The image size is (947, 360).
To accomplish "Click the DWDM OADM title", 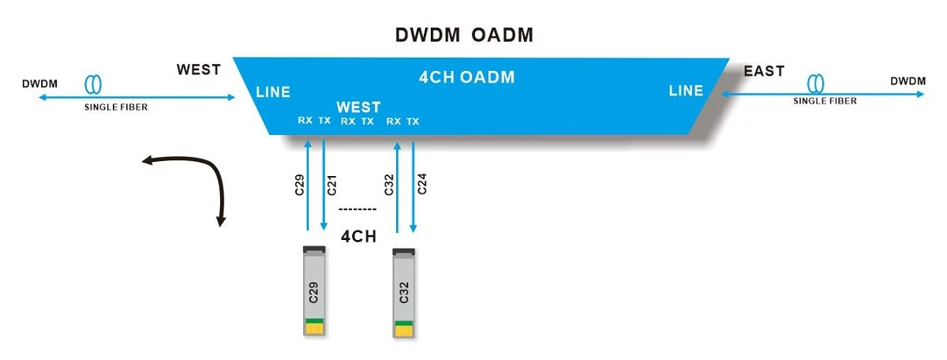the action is [x=464, y=35].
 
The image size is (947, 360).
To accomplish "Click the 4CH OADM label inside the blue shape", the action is [x=466, y=77].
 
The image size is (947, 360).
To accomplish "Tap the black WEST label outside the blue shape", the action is [x=199, y=69].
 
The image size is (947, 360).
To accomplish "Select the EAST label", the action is [x=764, y=71].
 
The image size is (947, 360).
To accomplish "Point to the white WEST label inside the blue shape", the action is [x=358, y=107].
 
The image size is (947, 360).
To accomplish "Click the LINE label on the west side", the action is [x=273, y=92].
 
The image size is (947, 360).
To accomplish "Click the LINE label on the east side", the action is [x=686, y=91].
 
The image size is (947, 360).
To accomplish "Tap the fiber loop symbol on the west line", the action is [x=93, y=84].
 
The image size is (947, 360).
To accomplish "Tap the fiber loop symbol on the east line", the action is [x=815, y=84].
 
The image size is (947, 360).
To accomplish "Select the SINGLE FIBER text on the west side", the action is [x=116, y=107].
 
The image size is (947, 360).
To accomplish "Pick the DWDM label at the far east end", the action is [x=908, y=81].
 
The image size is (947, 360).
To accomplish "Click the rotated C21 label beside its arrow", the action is [x=332, y=186].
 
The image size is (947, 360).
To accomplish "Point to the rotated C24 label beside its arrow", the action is [x=422, y=184].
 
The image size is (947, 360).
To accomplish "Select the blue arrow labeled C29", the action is [x=308, y=186].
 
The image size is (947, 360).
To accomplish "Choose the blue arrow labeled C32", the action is [x=397, y=187].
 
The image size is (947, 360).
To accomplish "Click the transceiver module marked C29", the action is [x=315, y=291].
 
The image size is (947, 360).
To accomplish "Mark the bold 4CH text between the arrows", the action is [x=358, y=237].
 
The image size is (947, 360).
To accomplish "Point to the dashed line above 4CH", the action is [x=357, y=209].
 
